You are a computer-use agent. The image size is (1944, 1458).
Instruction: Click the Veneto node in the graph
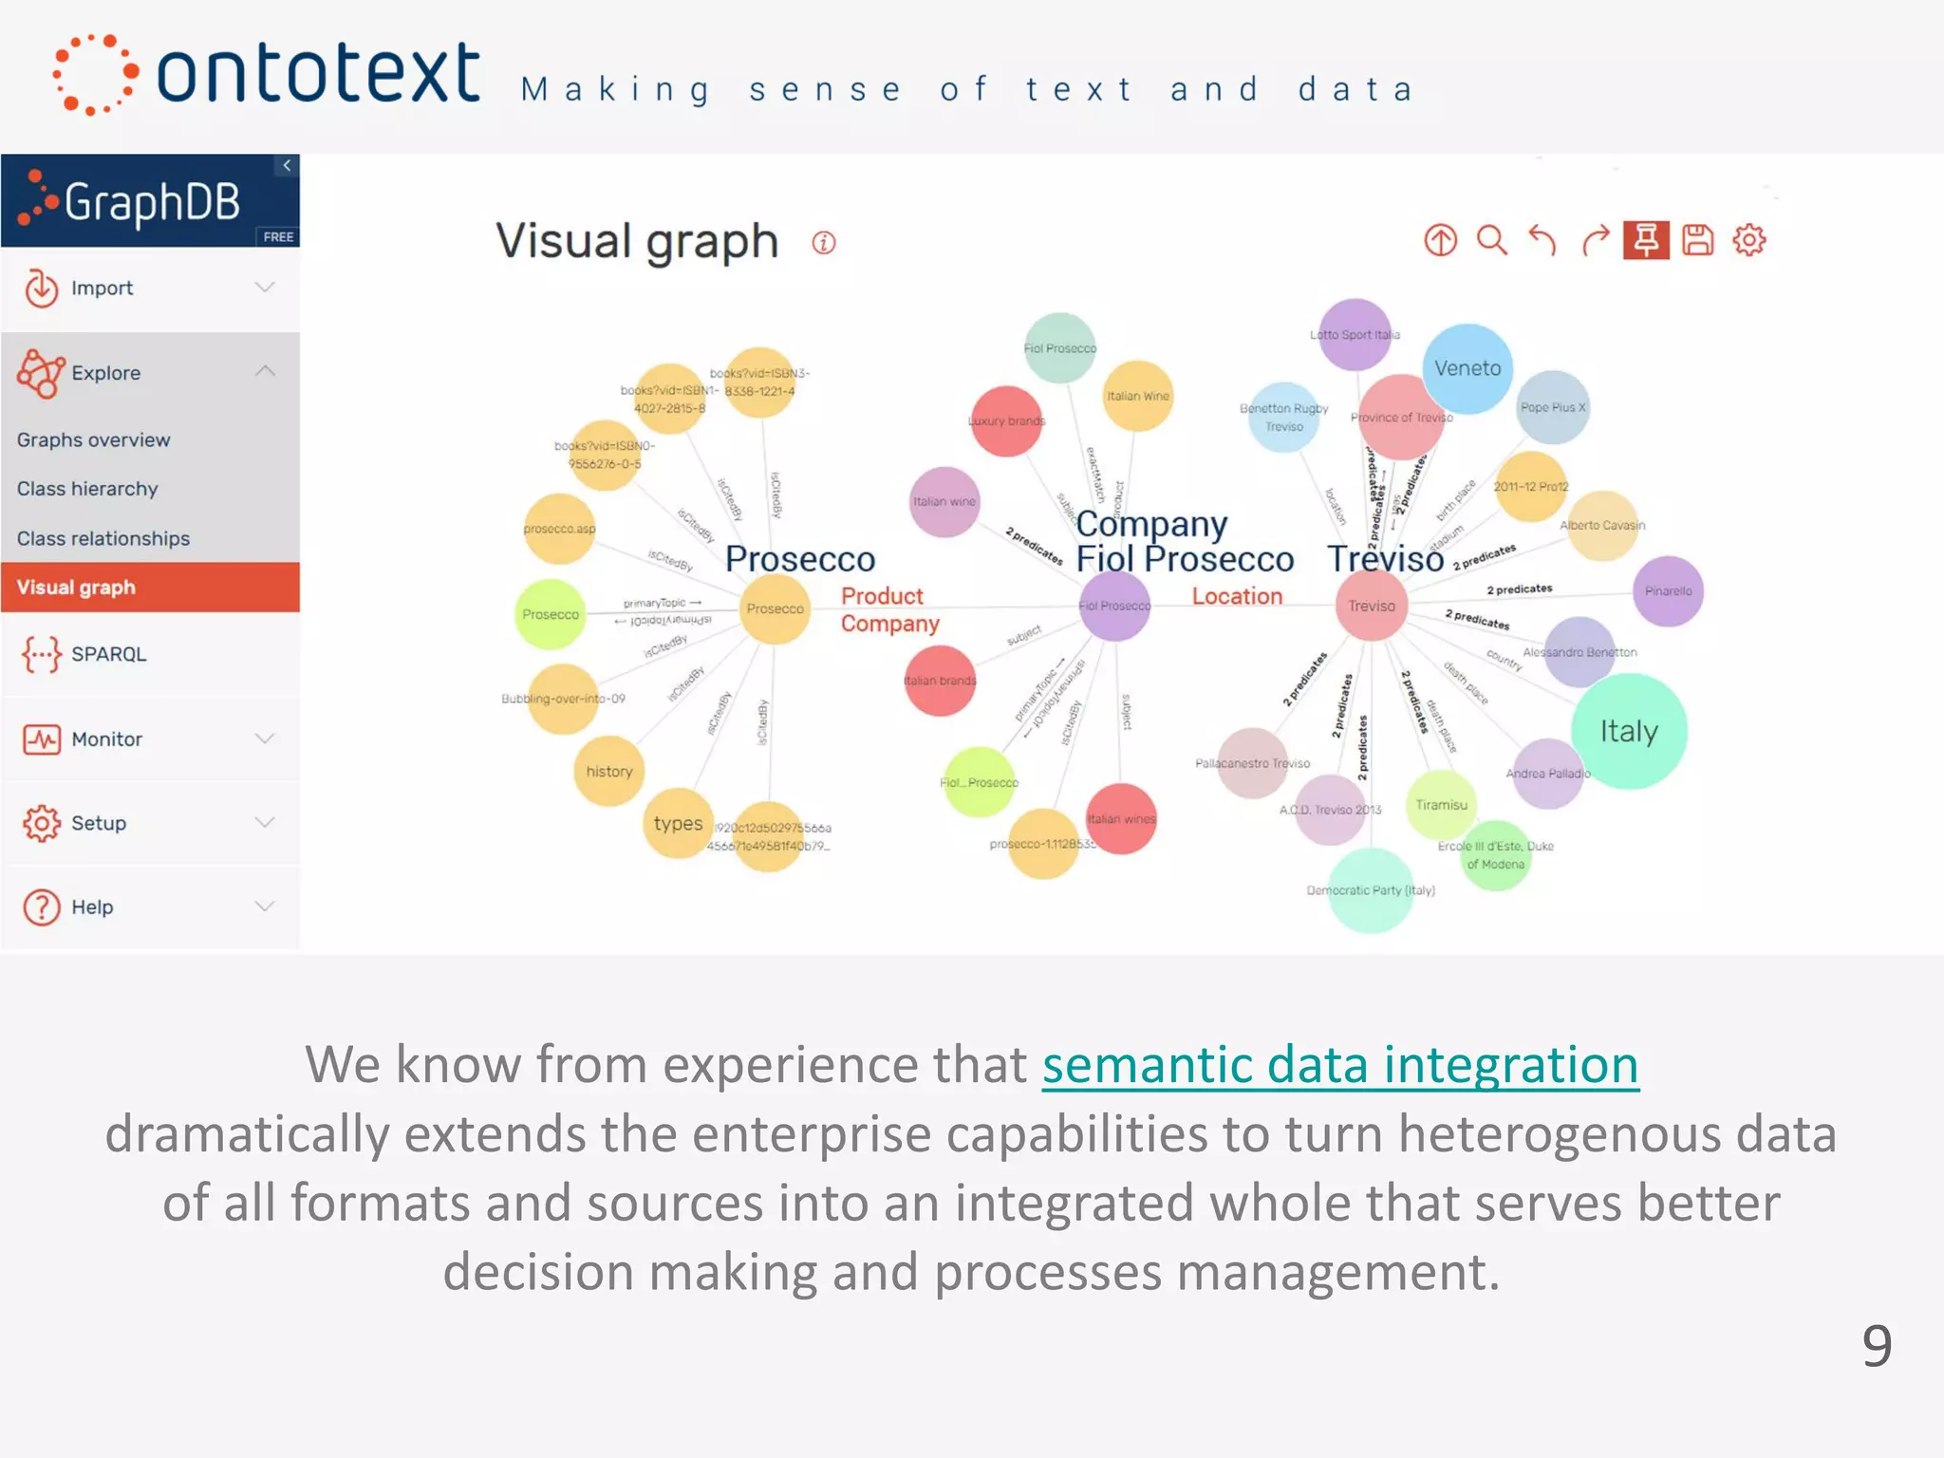point(1467,368)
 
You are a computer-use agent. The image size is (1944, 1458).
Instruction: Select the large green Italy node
point(1629,731)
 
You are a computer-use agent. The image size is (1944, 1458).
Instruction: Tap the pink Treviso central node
point(1372,606)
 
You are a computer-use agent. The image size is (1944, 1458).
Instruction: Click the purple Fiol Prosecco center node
point(1114,606)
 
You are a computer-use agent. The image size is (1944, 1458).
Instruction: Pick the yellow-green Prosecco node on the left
point(550,614)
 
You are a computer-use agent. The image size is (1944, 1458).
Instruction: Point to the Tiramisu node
point(1441,805)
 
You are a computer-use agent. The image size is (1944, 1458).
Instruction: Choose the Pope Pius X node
point(1553,407)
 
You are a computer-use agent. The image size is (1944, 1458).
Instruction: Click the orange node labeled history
point(608,772)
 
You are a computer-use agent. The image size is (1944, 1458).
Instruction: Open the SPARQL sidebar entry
point(108,654)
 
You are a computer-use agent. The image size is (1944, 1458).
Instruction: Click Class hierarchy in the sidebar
point(87,489)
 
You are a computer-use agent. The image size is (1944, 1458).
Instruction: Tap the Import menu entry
point(102,288)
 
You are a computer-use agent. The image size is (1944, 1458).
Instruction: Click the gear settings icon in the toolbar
point(1748,240)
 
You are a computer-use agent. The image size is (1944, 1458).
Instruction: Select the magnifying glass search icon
point(1491,240)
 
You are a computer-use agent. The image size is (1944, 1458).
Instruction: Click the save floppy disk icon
point(1697,240)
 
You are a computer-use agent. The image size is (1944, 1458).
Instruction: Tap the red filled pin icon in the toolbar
point(1646,240)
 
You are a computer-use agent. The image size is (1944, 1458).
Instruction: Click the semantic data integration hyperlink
point(1339,1064)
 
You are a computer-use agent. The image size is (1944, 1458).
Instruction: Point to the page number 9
point(1876,1345)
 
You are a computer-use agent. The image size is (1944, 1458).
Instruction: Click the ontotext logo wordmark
point(317,74)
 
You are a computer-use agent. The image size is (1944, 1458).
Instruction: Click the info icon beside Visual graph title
point(824,243)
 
